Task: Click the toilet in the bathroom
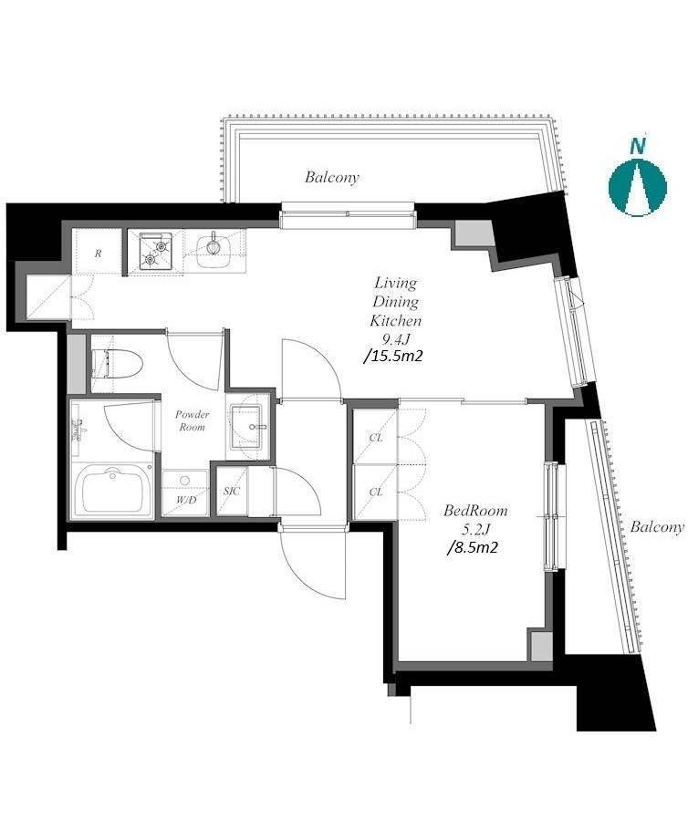tap(117, 364)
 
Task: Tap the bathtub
tap(112, 491)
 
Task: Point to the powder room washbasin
tap(246, 427)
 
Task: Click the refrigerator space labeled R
tap(98, 254)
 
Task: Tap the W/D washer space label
tap(186, 501)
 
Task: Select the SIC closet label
tap(232, 491)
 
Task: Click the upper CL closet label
tap(376, 438)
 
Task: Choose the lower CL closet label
tap(376, 492)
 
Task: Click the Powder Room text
tap(193, 420)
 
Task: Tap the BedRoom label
tap(475, 511)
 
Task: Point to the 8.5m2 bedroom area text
tap(474, 547)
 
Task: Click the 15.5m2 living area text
tap(393, 355)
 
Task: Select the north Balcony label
tap(331, 177)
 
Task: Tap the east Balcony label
tap(657, 527)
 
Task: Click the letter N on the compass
tap(638, 145)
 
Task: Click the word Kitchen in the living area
tap(395, 320)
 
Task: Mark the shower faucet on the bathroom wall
tap(78, 429)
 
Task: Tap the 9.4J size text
tap(395, 338)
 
